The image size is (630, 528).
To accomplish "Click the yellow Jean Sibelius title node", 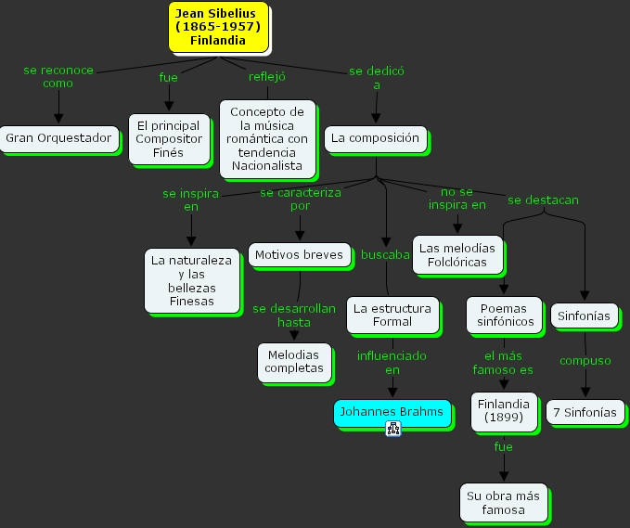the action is point(218,26).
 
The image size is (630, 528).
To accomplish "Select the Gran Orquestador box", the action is point(58,139).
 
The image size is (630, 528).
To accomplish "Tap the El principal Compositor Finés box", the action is point(168,138).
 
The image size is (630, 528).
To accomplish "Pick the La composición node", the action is point(375,139).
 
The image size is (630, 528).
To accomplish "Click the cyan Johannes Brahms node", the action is point(392,412).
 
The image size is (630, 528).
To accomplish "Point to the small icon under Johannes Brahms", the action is point(393,428).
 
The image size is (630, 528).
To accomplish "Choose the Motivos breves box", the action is point(299,254).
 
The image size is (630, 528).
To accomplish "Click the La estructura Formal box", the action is point(392,315).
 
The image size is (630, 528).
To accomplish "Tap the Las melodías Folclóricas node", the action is point(457,254).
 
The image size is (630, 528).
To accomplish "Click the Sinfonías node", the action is point(585,316).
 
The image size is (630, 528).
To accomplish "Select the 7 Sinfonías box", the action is point(585,412).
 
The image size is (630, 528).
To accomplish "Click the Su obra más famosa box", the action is point(503,502).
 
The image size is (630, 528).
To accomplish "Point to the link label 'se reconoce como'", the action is point(58,76).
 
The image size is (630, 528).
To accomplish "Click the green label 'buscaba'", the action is point(385,254).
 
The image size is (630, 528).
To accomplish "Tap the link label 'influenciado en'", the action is point(392,362).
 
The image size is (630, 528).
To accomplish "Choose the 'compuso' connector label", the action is point(585,361).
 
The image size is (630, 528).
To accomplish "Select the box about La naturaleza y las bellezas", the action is point(191,280).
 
